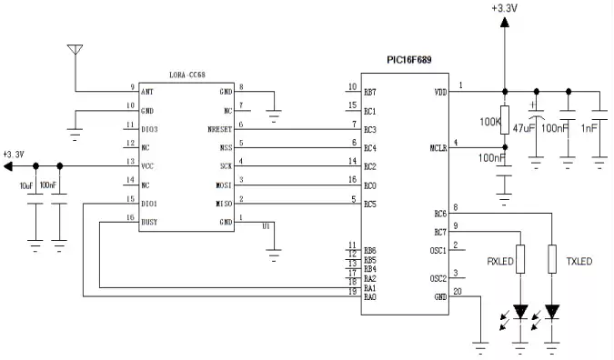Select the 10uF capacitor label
pyautogui.click(x=25, y=185)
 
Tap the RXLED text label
pyautogui.click(x=501, y=262)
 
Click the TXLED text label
pyautogui.click(x=579, y=262)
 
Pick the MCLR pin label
pyautogui.click(x=438, y=148)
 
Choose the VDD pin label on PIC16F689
pyautogui.click(x=441, y=92)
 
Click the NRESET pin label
pyautogui.click(x=220, y=130)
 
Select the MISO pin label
pyautogui.click(x=223, y=204)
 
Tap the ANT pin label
pyautogui.click(x=146, y=92)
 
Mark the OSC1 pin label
pyautogui.click(x=438, y=250)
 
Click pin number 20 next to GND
pyautogui.click(x=458, y=292)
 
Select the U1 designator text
pyautogui.click(x=267, y=225)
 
